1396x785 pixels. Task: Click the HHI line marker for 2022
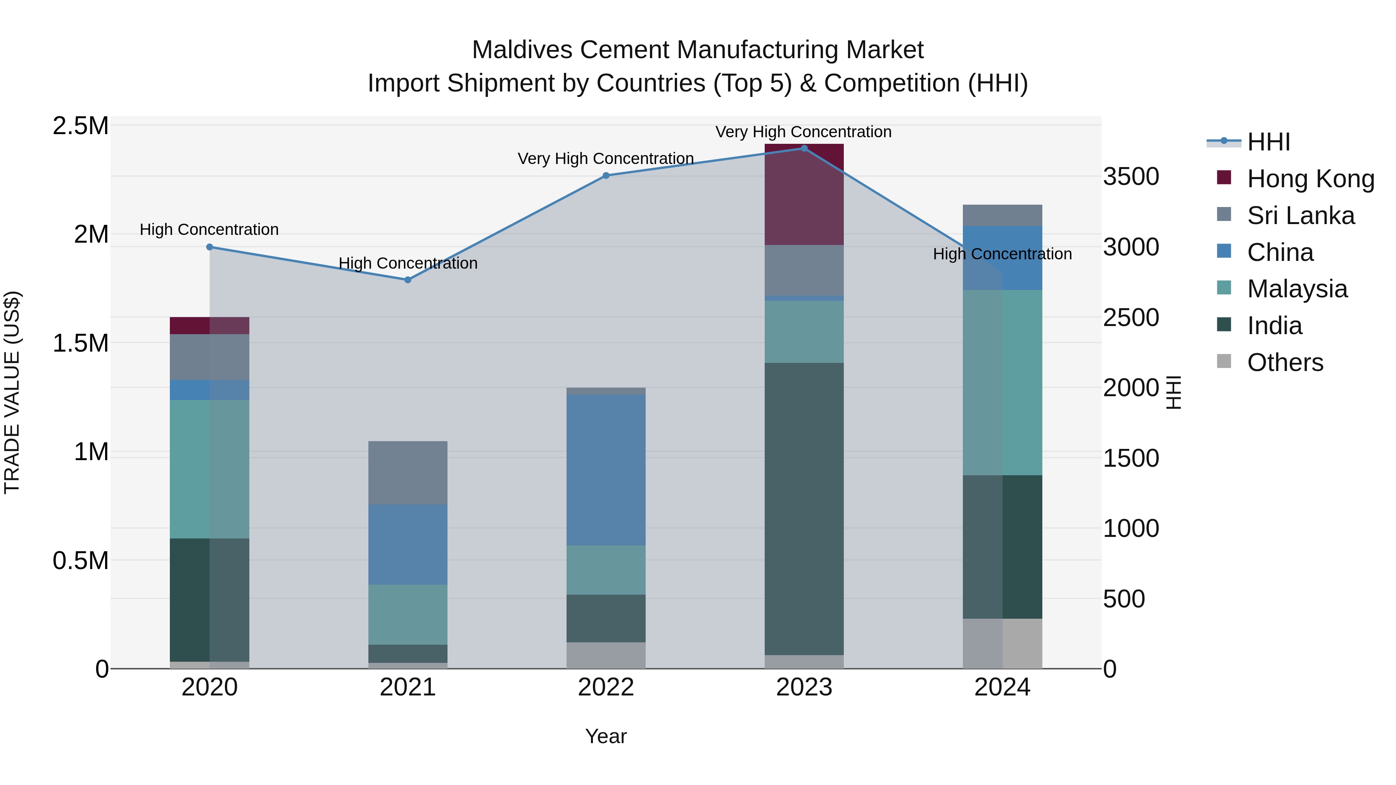[x=606, y=176]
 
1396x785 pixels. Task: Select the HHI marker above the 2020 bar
[x=210, y=247]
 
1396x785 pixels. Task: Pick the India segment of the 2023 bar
[x=804, y=509]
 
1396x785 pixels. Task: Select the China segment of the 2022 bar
[x=606, y=470]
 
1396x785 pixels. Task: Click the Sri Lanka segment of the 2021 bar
[x=408, y=473]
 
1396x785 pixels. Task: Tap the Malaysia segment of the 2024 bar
[x=1002, y=383]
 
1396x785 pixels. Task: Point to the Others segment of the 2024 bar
[x=1002, y=644]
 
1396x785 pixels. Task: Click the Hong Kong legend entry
[x=1310, y=179]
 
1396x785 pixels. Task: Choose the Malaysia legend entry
[x=1297, y=289]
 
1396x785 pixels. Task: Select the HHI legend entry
[x=1268, y=142]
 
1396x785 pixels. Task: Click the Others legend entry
[x=1285, y=362]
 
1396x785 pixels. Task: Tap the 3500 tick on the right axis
[x=1132, y=177]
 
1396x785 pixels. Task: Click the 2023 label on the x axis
[x=804, y=687]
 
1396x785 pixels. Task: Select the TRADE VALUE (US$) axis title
[x=12, y=392]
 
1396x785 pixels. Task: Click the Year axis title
[x=606, y=736]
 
